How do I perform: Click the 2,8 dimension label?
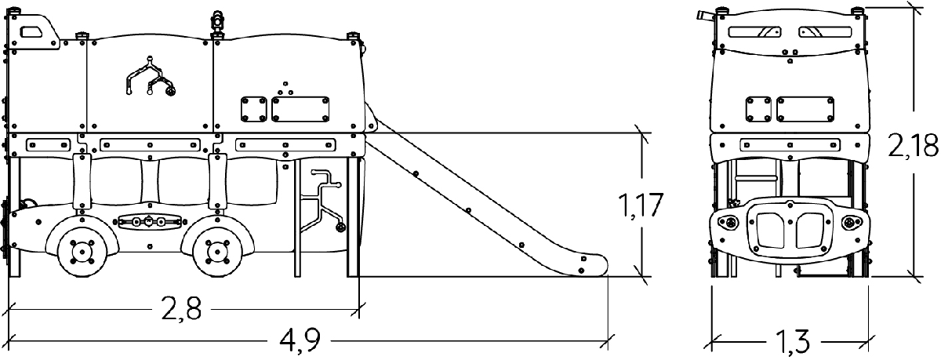(181, 308)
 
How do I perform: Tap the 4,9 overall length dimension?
(300, 341)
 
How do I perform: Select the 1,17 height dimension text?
(640, 205)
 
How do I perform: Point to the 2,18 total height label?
(914, 147)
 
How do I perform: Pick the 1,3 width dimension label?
(791, 341)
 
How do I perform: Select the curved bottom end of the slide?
(588, 264)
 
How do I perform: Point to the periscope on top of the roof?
(217, 23)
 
